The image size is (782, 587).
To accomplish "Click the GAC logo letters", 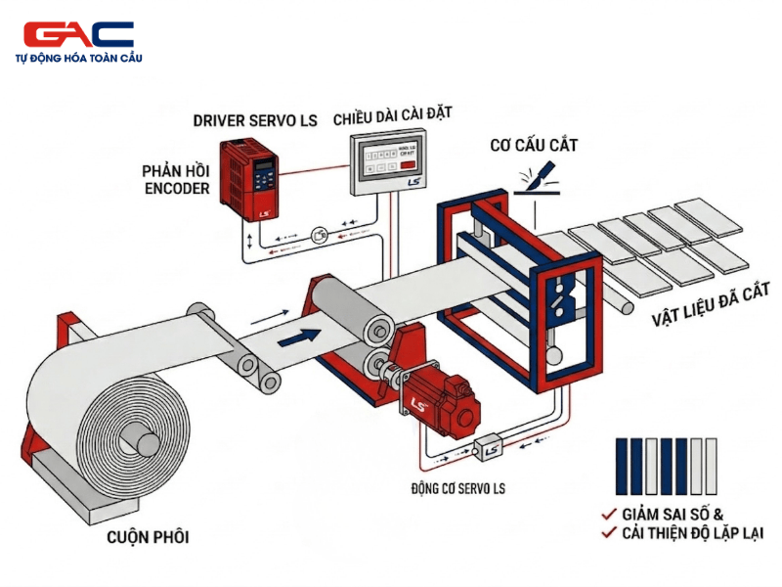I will pyautogui.click(x=78, y=34).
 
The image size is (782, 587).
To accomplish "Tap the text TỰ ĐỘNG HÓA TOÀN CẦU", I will pyautogui.click(x=79, y=59).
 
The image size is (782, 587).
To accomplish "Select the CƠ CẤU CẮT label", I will pyautogui.click(x=534, y=146).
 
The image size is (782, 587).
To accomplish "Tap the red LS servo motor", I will pyautogui.click(x=437, y=396).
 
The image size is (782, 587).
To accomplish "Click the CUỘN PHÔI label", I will pyautogui.click(x=148, y=537).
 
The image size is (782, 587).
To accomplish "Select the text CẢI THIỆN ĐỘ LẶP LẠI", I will pyautogui.click(x=692, y=533).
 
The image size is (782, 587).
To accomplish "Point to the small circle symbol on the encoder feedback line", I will pyautogui.click(x=320, y=235).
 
